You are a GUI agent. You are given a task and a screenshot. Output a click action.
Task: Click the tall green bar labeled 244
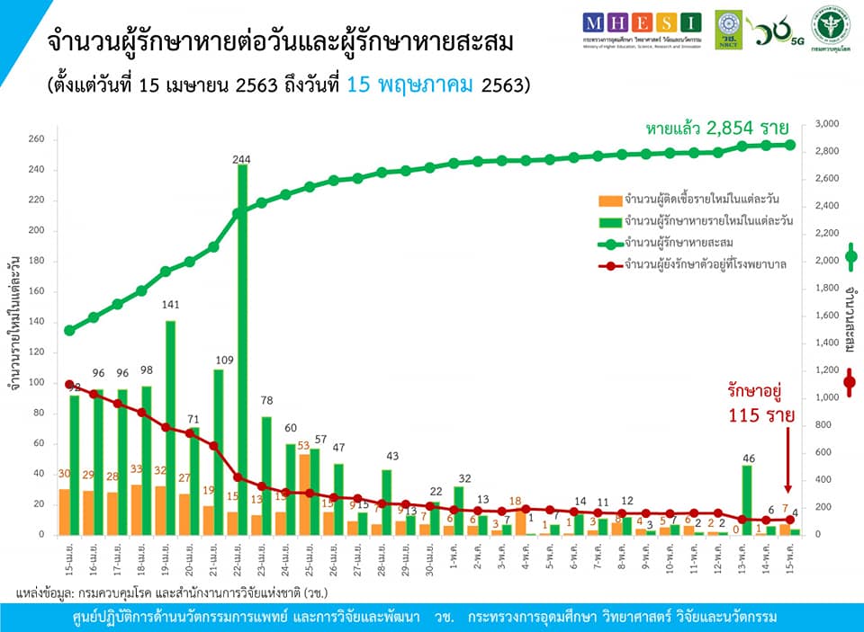click(x=243, y=351)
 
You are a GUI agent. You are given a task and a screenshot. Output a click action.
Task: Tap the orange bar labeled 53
click(x=304, y=494)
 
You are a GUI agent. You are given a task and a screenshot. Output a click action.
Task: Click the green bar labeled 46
click(x=747, y=500)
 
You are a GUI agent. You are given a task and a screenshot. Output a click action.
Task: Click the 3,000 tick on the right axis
click(x=827, y=124)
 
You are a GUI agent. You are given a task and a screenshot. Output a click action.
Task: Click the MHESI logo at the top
click(x=641, y=22)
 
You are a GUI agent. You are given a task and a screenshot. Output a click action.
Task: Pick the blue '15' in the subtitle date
click(x=359, y=86)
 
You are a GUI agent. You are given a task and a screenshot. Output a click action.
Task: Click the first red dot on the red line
click(x=69, y=384)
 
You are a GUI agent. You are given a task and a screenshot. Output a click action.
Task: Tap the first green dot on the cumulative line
click(x=69, y=330)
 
